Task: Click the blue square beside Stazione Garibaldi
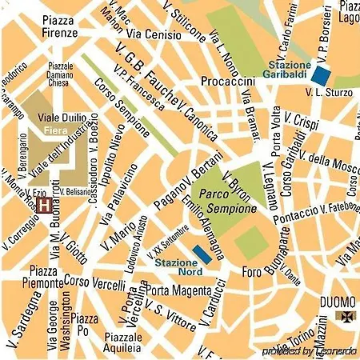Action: click(x=321, y=75)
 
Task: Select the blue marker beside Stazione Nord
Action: click(x=203, y=254)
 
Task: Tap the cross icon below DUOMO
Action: click(x=346, y=318)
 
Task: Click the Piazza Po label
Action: click(x=85, y=325)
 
